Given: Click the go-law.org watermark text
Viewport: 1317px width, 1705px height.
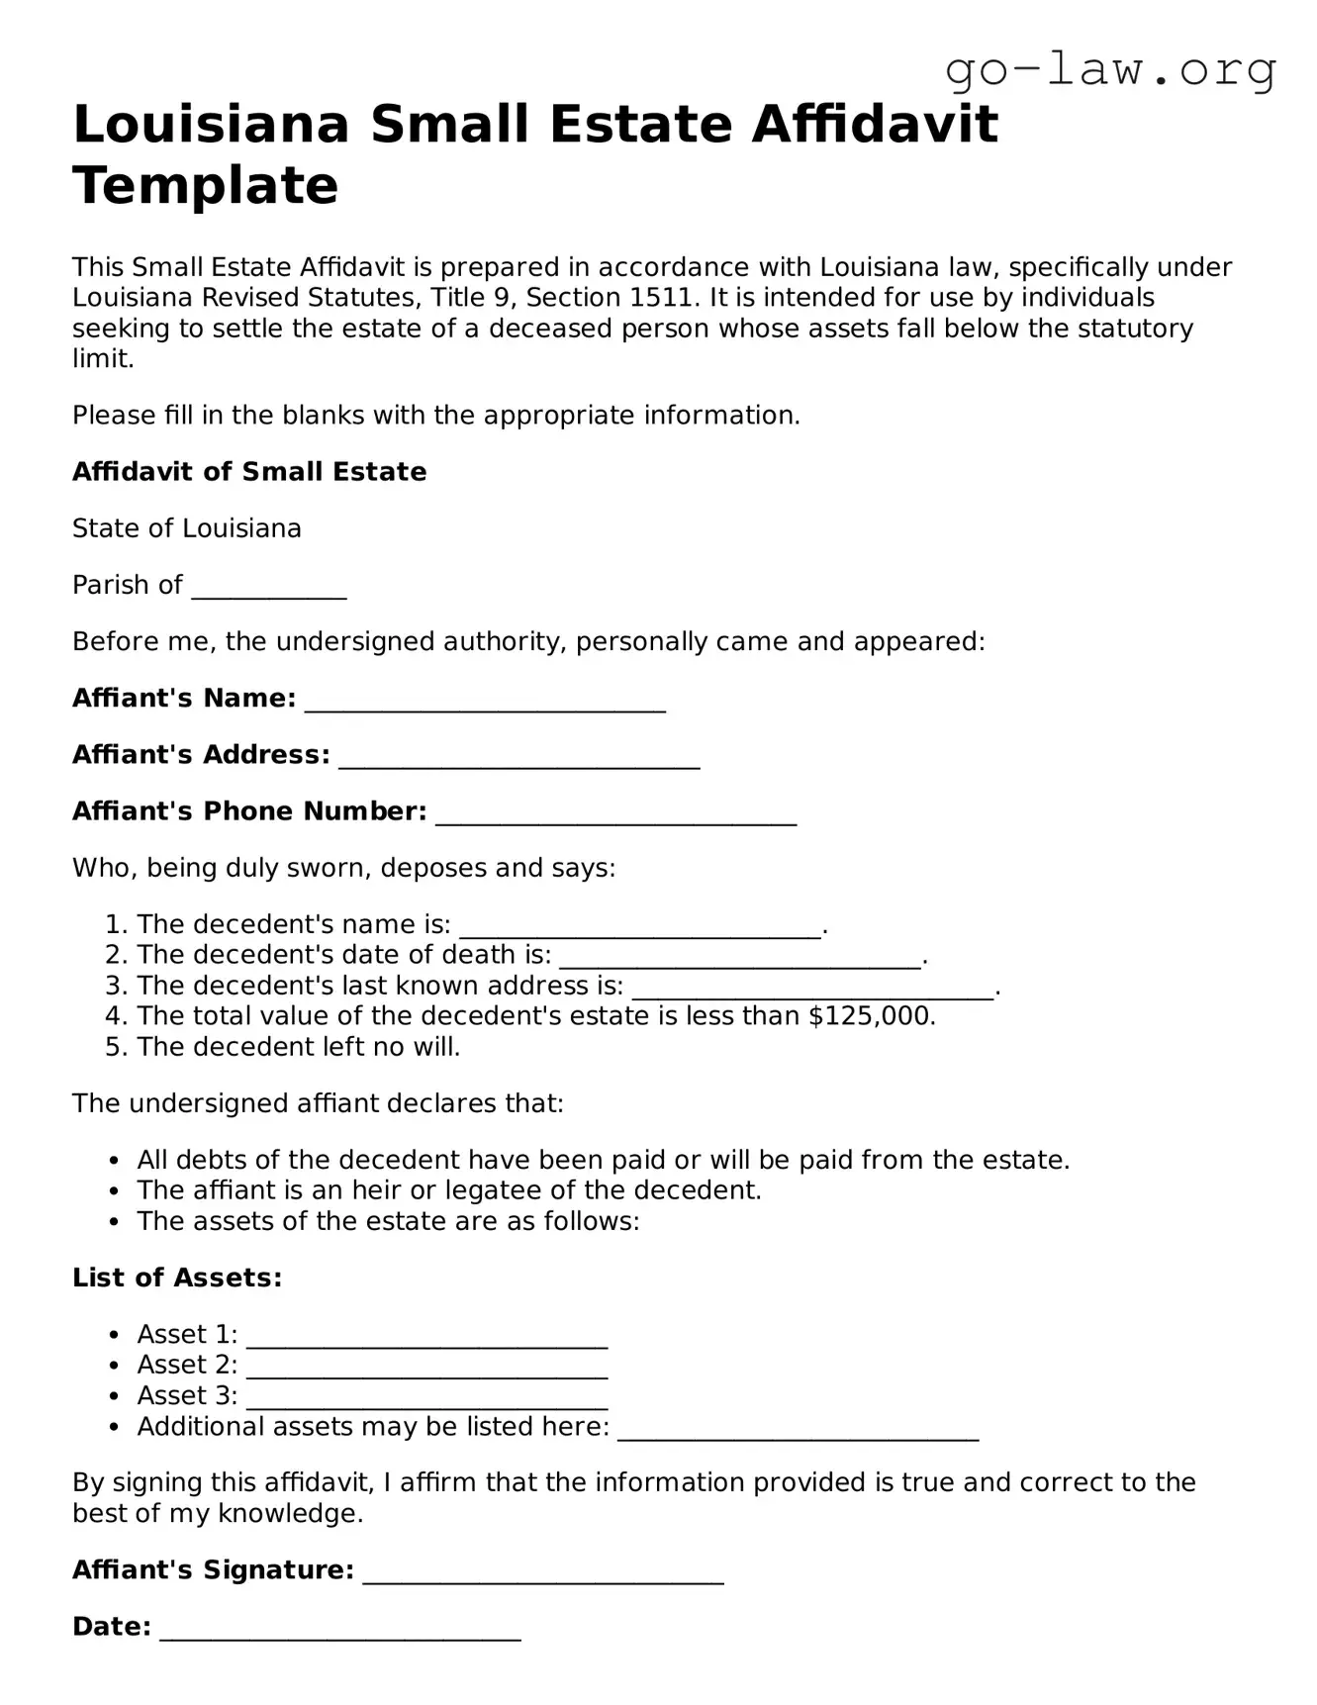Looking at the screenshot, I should coord(1110,71).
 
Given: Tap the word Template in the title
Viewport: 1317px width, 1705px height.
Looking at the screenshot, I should coord(206,186).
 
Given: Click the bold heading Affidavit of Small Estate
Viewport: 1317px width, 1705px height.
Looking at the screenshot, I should coord(249,472).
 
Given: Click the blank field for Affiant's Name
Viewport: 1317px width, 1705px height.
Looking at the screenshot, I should coord(485,705).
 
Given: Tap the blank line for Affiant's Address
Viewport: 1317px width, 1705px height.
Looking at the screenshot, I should coord(519,761).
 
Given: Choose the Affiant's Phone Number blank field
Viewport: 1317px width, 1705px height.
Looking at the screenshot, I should coord(615,817).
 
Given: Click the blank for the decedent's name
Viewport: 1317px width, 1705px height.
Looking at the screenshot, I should coord(641,931).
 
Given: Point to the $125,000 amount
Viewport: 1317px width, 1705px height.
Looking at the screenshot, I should coord(870,1016).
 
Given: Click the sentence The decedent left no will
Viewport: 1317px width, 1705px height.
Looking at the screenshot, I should coord(299,1047).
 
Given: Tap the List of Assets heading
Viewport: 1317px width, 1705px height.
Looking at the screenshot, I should coord(177,1278).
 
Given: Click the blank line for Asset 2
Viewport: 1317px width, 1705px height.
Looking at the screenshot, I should coord(426,1372).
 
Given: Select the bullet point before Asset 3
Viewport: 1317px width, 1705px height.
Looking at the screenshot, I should coord(115,1396).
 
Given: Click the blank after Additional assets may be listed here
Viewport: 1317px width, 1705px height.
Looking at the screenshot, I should coord(798,1434).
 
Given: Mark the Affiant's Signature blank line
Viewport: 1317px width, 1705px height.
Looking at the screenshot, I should coord(543,1577).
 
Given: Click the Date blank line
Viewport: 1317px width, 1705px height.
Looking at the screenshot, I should coord(340,1634).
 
